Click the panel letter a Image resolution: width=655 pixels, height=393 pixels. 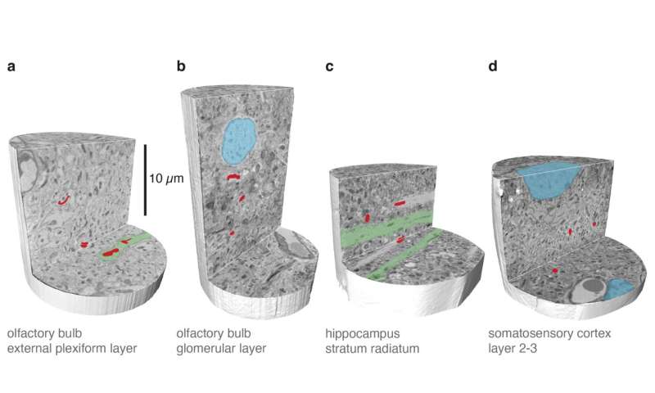(11, 65)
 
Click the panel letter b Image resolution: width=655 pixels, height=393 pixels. (181, 65)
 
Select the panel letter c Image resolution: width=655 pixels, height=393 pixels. (329, 65)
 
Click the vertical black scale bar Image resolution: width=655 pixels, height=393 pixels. (146, 178)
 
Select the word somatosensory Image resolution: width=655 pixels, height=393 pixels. (531, 335)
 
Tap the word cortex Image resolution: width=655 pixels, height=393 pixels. (599, 335)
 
